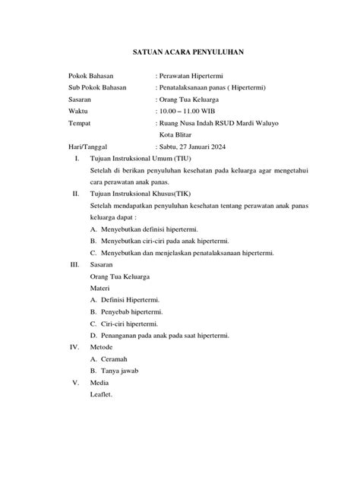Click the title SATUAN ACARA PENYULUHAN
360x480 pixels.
[180, 53]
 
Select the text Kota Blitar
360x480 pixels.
[176, 134]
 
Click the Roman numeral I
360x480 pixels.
[76, 158]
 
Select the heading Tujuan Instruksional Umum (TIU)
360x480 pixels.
[141, 158]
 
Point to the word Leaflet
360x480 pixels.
[102, 394]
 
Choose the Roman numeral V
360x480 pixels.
[75, 382]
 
